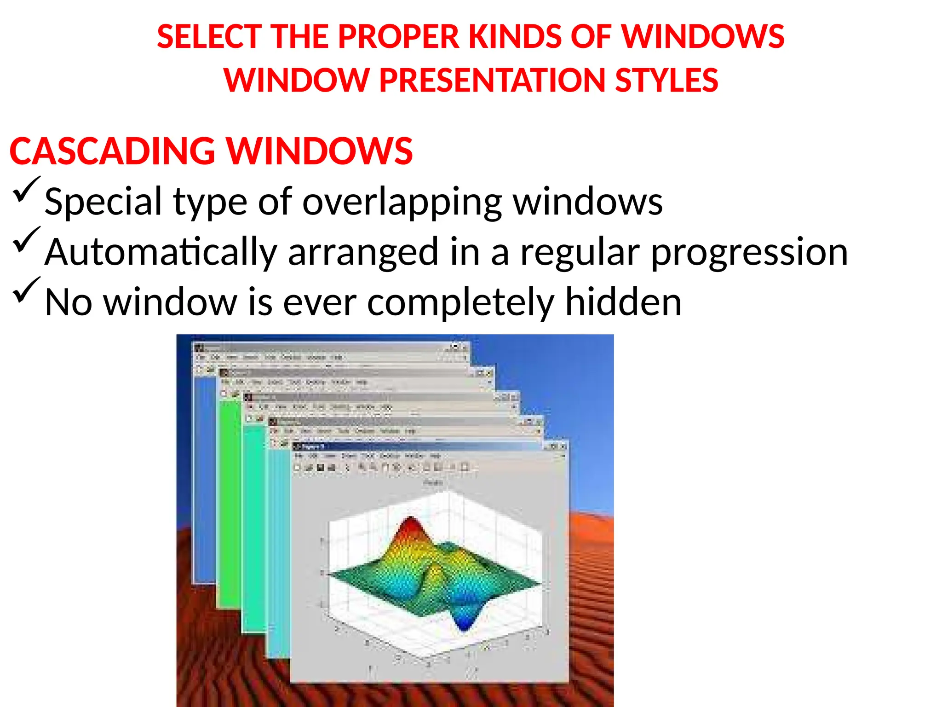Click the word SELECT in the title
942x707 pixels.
tap(209, 37)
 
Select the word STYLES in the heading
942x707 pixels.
tap(666, 81)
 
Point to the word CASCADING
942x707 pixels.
tap(112, 151)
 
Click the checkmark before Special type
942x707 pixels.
tap(26, 189)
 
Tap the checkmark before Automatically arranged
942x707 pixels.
tap(26, 239)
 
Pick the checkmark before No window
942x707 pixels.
tap(26, 290)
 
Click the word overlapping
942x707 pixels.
tap(402, 202)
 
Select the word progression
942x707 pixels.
tap(749, 252)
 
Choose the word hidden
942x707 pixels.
tap(623, 302)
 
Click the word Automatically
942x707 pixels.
tap(161, 252)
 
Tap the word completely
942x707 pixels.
tap(460, 302)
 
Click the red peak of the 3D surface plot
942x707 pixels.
tap(410, 525)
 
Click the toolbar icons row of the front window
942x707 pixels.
tap(382, 468)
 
